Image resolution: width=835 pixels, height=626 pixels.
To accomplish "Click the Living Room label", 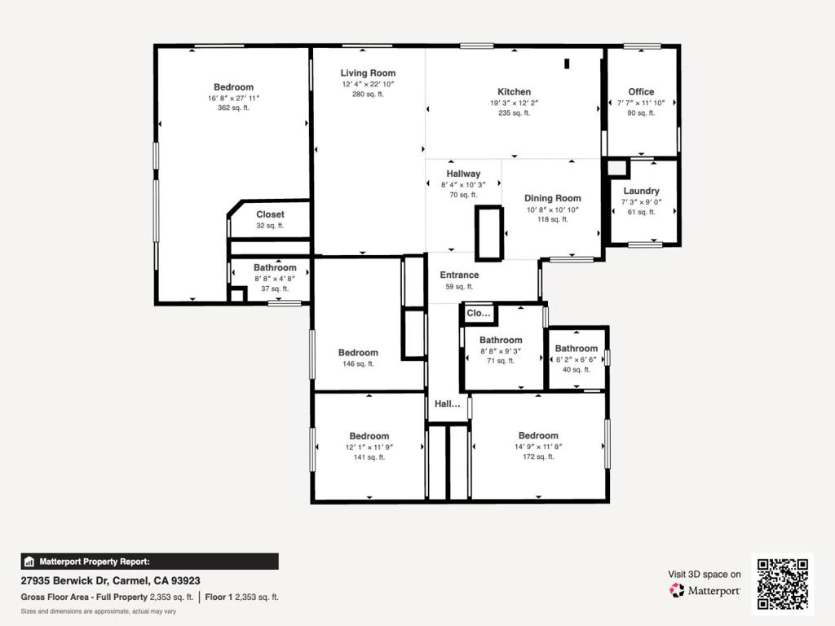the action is (368, 73).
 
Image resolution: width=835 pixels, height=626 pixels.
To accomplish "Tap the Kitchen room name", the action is (514, 91).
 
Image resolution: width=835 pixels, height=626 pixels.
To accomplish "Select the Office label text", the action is (641, 91).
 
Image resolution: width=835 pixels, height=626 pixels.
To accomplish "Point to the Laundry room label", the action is (641, 191).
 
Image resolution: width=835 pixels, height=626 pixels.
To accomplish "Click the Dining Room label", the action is (553, 198).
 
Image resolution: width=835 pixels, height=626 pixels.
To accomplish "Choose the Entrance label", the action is (459, 275).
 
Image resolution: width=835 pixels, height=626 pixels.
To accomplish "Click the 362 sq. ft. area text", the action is (233, 108).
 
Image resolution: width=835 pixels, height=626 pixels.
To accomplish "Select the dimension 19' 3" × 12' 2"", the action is (514, 103).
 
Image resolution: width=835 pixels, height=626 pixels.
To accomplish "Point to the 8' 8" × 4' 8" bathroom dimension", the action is (275, 279).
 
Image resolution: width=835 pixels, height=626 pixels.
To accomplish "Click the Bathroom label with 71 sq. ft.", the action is (501, 340).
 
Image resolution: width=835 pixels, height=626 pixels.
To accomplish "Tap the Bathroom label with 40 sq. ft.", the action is (577, 348).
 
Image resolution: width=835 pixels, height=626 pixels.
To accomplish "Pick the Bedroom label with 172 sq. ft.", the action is (538, 435).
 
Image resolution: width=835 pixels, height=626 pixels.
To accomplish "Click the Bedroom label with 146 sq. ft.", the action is (358, 352).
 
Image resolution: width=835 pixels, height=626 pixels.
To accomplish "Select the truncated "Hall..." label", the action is (448, 403).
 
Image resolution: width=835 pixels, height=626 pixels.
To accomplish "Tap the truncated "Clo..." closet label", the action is (478, 313).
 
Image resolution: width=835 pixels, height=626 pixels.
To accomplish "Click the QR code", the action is (783, 584).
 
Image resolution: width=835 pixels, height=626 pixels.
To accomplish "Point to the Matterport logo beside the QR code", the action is (705, 590).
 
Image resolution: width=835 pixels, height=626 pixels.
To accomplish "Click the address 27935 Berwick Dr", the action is (64, 580).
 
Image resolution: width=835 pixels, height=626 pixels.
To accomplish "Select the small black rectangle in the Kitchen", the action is (568, 64).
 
